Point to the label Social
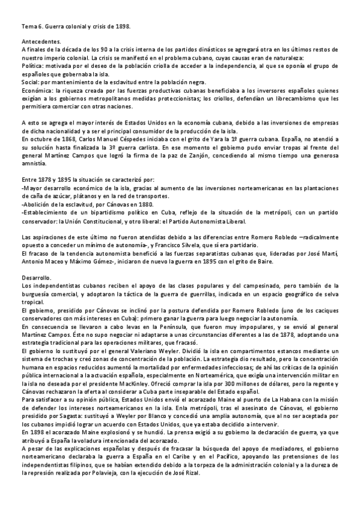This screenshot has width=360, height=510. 30,82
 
